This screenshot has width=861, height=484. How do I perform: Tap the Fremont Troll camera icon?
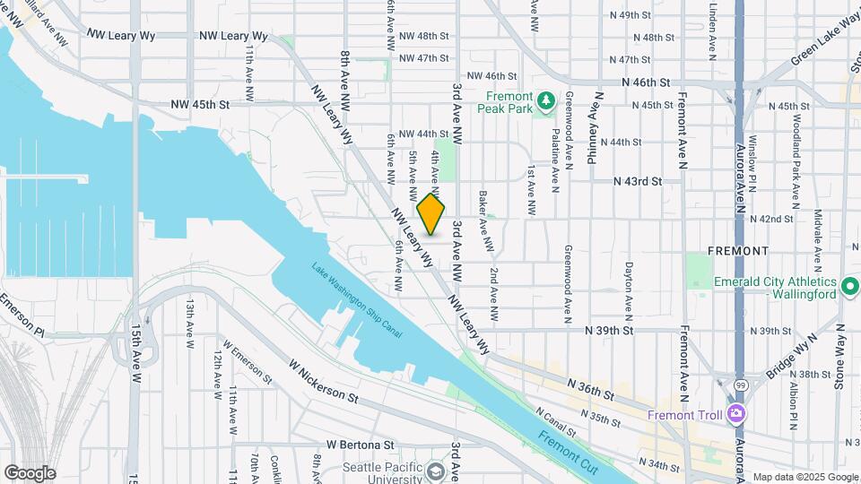[736, 414]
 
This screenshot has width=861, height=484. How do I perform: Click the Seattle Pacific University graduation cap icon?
[436, 471]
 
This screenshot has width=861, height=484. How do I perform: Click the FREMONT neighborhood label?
[737, 250]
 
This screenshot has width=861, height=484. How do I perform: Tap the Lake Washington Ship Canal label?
[357, 300]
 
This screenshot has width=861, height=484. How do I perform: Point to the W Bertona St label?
[360, 445]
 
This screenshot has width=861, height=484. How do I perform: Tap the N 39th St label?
[608, 330]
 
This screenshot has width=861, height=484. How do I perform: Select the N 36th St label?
[591, 388]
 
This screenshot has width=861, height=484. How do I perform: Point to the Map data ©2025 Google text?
[804, 477]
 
